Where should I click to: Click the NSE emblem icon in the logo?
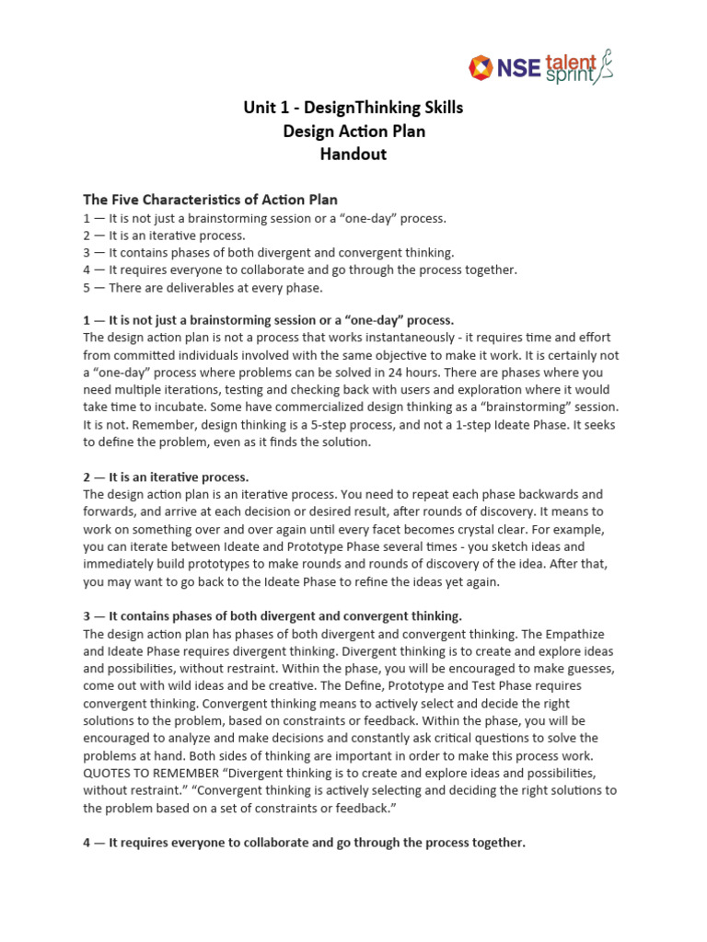tap(481, 67)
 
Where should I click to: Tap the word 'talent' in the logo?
tap(570, 60)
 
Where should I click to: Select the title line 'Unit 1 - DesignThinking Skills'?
tap(353, 109)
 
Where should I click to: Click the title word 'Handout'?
tap(353, 155)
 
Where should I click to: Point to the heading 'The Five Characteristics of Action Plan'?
tap(211, 200)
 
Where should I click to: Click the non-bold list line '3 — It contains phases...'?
tap(269, 253)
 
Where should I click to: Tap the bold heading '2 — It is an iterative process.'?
tap(167, 477)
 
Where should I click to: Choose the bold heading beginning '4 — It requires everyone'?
tap(305, 842)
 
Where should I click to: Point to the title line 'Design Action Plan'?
tap(353, 132)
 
